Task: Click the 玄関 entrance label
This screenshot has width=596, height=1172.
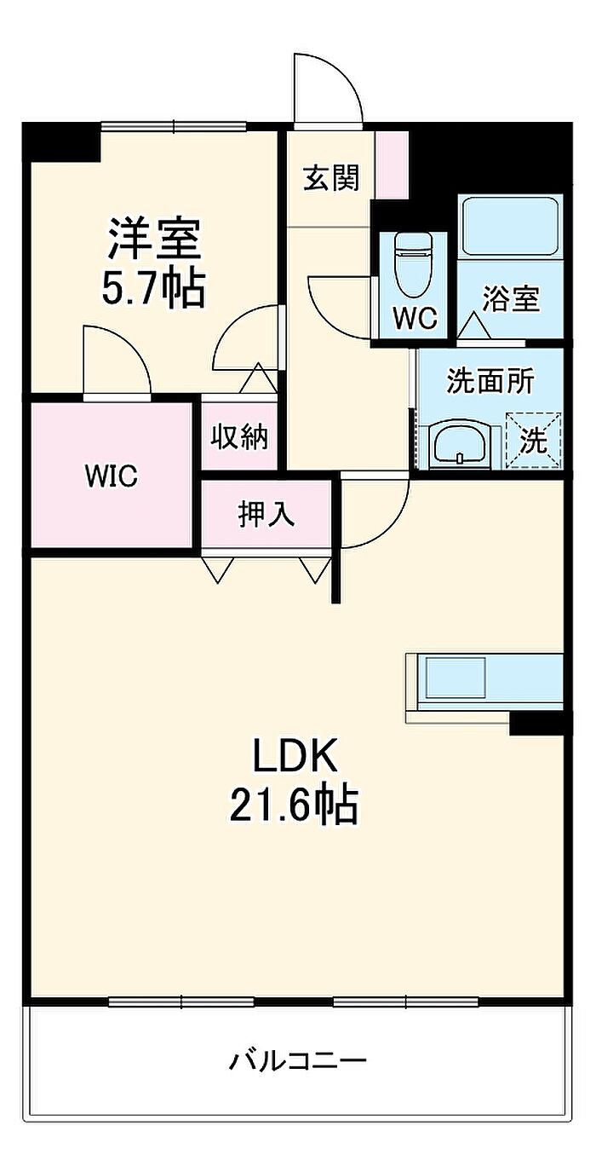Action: [331, 177]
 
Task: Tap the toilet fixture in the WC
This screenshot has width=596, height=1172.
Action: [413, 265]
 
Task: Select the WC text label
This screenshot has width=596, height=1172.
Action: [415, 318]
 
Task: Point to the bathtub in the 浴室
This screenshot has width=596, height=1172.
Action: [510, 226]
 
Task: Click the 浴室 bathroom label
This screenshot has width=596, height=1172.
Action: [510, 299]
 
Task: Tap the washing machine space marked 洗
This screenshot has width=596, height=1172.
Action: [533, 441]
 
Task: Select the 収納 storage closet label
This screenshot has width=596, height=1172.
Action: [239, 437]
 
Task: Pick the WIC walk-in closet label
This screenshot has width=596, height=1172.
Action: [112, 476]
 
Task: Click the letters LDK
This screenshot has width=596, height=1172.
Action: [295, 755]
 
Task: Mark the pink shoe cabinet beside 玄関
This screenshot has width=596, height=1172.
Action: [393, 165]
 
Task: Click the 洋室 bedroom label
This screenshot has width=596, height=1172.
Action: [154, 239]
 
